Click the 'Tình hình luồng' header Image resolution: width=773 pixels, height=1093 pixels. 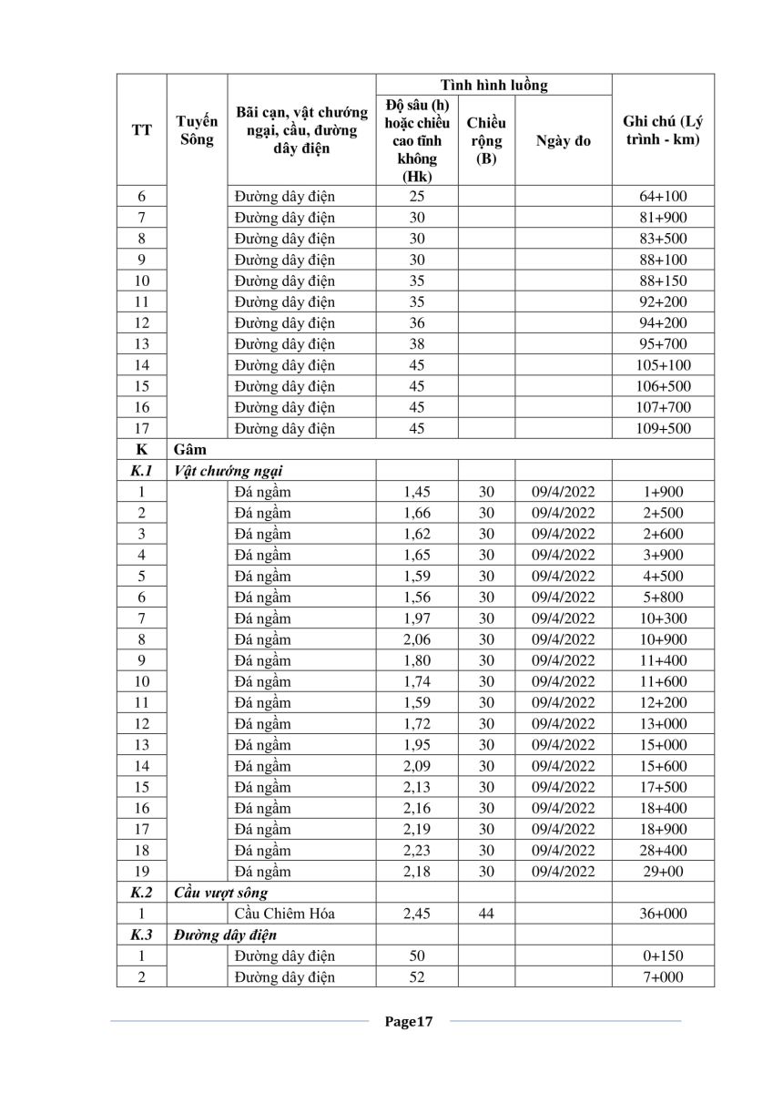(493, 86)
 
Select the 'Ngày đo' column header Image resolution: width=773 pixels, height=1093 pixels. (564, 140)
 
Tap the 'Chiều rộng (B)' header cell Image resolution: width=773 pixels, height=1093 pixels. (486, 140)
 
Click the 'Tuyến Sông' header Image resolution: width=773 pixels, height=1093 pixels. (197, 130)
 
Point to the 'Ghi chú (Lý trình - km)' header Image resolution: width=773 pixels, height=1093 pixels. (663, 130)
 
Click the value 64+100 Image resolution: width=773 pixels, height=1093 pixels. (663, 197)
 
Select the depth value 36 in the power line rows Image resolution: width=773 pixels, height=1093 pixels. (417, 323)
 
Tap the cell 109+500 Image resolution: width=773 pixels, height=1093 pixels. (663, 429)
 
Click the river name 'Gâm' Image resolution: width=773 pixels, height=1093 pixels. (188, 450)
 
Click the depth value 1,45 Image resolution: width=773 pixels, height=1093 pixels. (417, 492)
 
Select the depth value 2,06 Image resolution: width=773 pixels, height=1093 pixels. (417, 639)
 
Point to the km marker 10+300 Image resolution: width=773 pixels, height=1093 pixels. (663, 618)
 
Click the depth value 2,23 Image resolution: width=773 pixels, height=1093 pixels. (417, 851)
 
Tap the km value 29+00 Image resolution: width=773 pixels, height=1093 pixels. (663, 872)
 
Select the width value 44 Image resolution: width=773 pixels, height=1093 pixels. (486, 914)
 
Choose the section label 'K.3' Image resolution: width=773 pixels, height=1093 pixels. (141, 935)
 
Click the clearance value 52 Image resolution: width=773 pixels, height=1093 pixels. (417, 977)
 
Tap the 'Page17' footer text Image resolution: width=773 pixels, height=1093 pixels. (407, 1022)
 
